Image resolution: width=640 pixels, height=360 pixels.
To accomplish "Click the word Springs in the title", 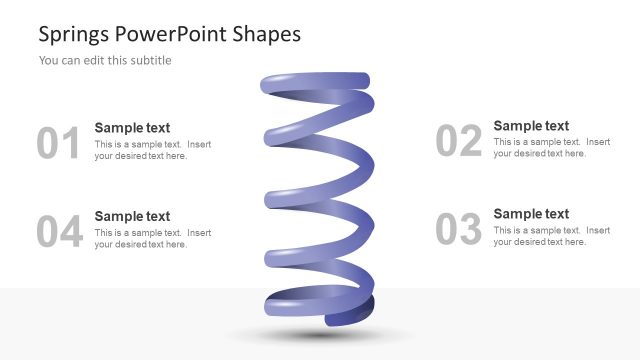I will (x=73, y=34).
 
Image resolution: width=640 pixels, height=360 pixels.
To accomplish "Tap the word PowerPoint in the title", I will (x=171, y=34).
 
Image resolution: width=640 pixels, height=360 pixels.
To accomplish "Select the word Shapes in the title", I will (x=266, y=34).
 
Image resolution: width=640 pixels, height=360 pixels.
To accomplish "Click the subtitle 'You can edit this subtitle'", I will (x=105, y=60).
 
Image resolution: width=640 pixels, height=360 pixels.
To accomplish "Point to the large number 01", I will (x=58, y=144).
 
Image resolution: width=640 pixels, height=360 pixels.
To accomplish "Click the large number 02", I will (x=459, y=142).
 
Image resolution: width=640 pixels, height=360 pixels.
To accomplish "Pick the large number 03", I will (x=459, y=230).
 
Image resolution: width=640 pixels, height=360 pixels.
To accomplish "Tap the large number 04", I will (x=58, y=232).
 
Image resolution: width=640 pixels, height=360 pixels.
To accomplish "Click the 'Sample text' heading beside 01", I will (x=132, y=128).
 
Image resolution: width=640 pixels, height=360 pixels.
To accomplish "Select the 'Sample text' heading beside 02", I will (x=531, y=126).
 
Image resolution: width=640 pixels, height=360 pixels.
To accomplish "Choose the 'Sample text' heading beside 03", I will (x=531, y=214).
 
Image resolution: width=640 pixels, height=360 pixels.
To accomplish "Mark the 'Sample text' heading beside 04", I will (x=132, y=216).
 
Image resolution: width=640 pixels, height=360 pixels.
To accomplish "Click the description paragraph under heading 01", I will (x=152, y=150).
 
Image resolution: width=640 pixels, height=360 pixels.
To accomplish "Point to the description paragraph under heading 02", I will (x=551, y=148).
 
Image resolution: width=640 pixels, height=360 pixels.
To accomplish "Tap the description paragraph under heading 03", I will (x=551, y=236).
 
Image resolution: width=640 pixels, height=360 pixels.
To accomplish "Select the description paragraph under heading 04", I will (x=152, y=238).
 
